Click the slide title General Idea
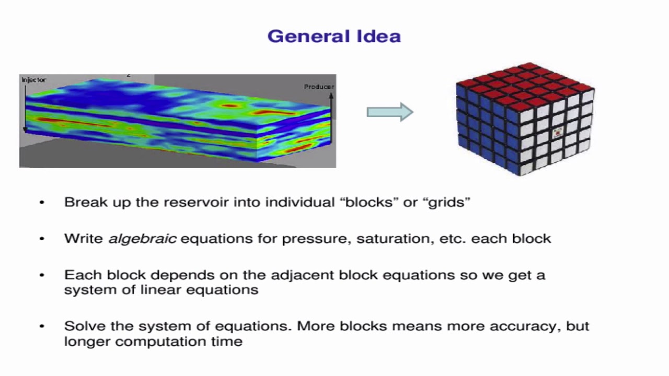click(x=334, y=36)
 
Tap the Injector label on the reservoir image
click(x=33, y=80)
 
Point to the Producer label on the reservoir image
click(x=319, y=87)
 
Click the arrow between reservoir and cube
click(x=390, y=112)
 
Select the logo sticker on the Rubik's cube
click(x=557, y=132)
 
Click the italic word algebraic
click(x=142, y=239)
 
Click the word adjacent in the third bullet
click(x=303, y=275)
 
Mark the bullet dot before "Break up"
click(x=42, y=202)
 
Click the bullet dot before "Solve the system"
click(x=42, y=326)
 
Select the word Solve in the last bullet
click(x=81, y=326)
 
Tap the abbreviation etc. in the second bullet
click(x=454, y=239)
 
